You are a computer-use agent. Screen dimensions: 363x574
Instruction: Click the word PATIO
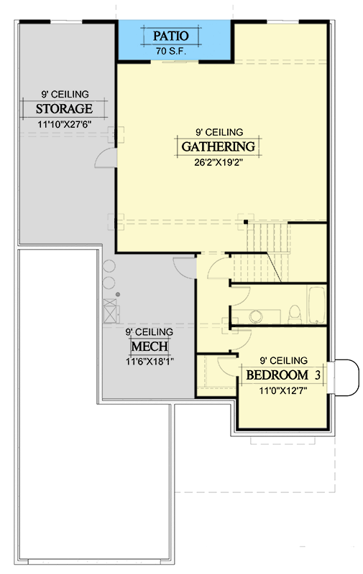pos(171,36)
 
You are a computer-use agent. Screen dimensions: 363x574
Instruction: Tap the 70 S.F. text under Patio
pos(171,51)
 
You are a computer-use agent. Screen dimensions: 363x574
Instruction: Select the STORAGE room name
pos(64,109)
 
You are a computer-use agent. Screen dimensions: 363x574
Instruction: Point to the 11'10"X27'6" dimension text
pos(64,124)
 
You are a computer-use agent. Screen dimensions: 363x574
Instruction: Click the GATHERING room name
pos(219,146)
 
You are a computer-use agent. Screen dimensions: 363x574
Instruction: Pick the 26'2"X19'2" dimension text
pos(219,162)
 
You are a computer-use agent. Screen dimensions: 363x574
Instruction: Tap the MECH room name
pos(150,347)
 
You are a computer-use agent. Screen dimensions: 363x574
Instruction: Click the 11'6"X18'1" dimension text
pos(150,362)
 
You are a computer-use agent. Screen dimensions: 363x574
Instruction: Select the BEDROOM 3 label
pos(283,375)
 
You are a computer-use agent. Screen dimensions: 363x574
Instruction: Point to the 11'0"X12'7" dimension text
pos(283,390)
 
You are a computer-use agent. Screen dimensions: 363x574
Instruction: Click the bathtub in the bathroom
pos(316,304)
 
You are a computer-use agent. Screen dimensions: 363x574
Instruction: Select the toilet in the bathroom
pos(295,314)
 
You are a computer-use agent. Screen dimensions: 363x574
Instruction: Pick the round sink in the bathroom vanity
pos(256,316)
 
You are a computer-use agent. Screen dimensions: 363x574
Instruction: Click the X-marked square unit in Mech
pos(110,311)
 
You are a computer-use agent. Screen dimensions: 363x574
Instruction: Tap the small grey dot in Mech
pos(118,294)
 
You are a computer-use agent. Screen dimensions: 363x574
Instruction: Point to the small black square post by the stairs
pos(246,222)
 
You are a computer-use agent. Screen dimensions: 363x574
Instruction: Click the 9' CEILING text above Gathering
pos(219,132)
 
